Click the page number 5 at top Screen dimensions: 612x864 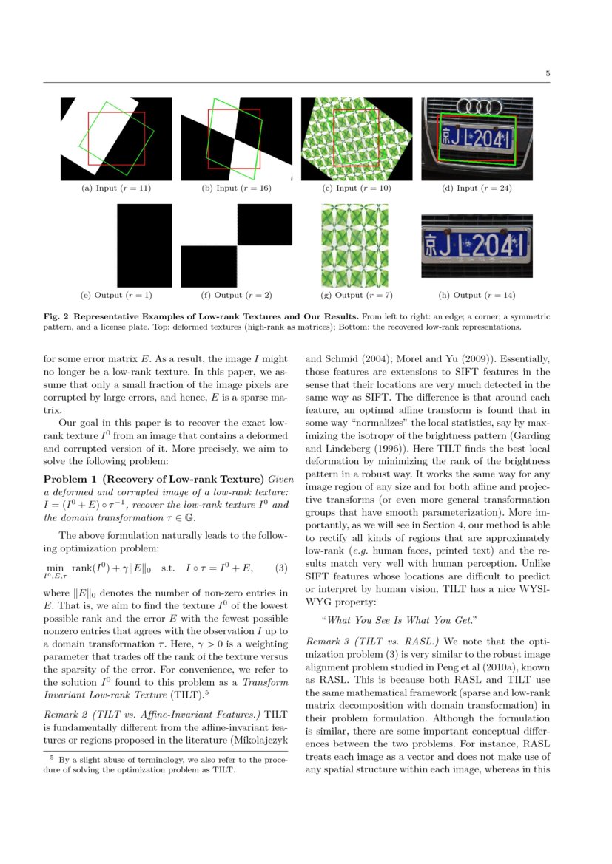click(x=548, y=74)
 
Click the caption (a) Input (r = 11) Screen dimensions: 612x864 click(x=116, y=188)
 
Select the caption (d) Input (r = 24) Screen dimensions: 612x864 click(x=477, y=188)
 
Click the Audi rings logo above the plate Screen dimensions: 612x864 click(x=477, y=107)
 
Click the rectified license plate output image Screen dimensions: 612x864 click(x=477, y=246)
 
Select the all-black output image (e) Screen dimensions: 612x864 click(x=144, y=245)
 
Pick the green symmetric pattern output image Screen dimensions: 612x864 click(x=354, y=245)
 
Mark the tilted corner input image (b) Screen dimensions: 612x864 click(x=236, y=139)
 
